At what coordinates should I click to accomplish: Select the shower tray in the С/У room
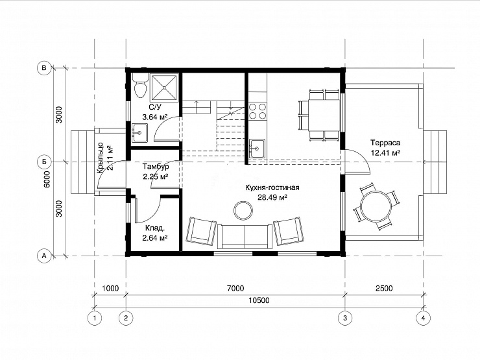click(x=164, y=88)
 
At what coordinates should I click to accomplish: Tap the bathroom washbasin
click(x=139, y=133)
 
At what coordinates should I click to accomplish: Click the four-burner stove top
click(x=258, y=111)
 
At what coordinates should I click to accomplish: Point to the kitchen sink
click(x=257, y=149)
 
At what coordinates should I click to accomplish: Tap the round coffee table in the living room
click(x=243, y=210)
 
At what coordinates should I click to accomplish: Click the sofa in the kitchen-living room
click(x=245, y=236)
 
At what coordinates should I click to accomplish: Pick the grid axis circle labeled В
click(x=44, y=67)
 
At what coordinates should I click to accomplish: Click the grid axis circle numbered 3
click(x=345, y=318)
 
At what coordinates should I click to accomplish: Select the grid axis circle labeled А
click(x=44, y=256)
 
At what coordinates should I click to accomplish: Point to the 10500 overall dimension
click(x=259, y=300)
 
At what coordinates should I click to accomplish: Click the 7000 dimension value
click(x=235, y=289)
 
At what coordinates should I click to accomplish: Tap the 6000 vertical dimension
click(x=47, y=180)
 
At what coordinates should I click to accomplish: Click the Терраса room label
click(x=385, y=143)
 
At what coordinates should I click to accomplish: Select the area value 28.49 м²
click(x=272, y=197)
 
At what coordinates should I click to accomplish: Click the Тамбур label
click(x=156, y=167)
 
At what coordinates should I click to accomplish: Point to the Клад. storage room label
click(x=155, y=228)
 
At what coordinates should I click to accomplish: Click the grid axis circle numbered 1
click(x=94, y=318)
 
